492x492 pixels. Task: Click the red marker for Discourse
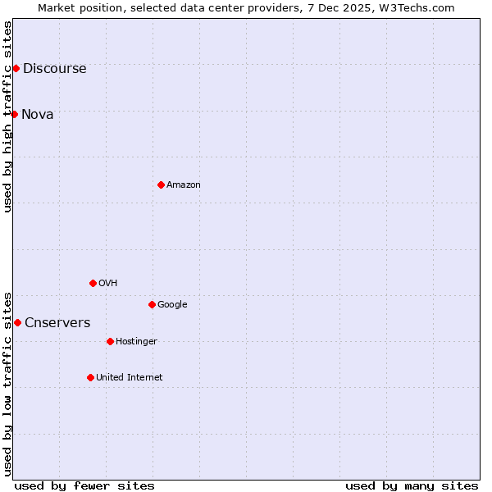(x=16, y=68)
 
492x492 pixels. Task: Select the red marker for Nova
(x=14, y=114)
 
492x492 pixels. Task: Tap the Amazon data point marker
(x=161, y=184)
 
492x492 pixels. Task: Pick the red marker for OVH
(x=93, y=283)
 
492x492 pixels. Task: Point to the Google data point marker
(x=152, y=304)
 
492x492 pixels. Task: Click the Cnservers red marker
(x=17, y=322)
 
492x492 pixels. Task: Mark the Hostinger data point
(x=110, y=341)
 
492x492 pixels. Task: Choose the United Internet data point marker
(x=90, y=377)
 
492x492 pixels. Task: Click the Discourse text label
(x=54, y=69)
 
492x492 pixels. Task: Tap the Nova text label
(x=38, y=115)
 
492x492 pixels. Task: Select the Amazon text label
(x=184, y=185)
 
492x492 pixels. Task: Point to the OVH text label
(x=107, y=284)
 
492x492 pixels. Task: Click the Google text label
(x=172, y=305)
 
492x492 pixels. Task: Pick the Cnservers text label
(x=57, y=323)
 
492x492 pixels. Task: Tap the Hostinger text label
(x=136, y=342)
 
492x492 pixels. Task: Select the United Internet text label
(x=129, y=378)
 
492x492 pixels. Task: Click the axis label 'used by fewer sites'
(x=84, y=485)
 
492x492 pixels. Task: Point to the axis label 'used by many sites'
(x=412, y=485)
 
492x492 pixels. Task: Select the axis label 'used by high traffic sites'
(x=8, y=116)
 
